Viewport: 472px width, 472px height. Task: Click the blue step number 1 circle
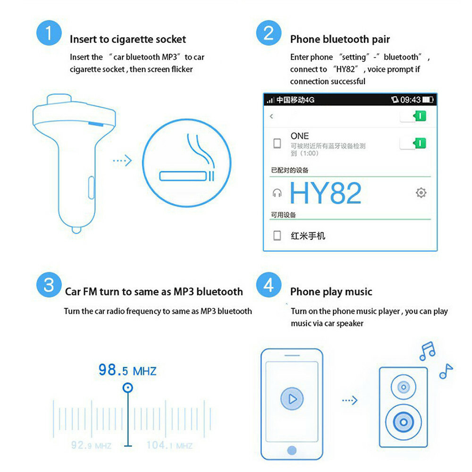click(49, 33)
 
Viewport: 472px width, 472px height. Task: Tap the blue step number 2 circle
click(269, 33)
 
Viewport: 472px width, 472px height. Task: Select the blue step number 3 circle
click(49, 286)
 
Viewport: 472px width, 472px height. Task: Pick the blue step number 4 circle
click(269, 286)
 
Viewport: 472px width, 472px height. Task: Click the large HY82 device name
click(325, 193)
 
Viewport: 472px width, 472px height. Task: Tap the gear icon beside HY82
click(421, 193)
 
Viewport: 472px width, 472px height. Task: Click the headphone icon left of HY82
click(277, 193)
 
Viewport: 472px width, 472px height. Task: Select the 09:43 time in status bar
click(410, 100)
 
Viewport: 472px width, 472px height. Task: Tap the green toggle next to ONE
click(413, 143)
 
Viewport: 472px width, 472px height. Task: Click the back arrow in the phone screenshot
click(271, 116)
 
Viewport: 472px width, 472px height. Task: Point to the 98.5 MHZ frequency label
click(127, 370)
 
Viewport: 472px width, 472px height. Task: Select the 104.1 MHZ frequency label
click(169, 445)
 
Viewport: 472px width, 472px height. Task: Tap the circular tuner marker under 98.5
click(127, 388)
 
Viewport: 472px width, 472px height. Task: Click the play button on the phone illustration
click(292, 399)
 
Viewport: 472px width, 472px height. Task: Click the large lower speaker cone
click(403, 421)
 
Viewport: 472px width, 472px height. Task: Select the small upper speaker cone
click(403, 387)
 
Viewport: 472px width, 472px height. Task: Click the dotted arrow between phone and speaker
click(350, 401)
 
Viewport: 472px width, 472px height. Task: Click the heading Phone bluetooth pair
click(340, 39)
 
